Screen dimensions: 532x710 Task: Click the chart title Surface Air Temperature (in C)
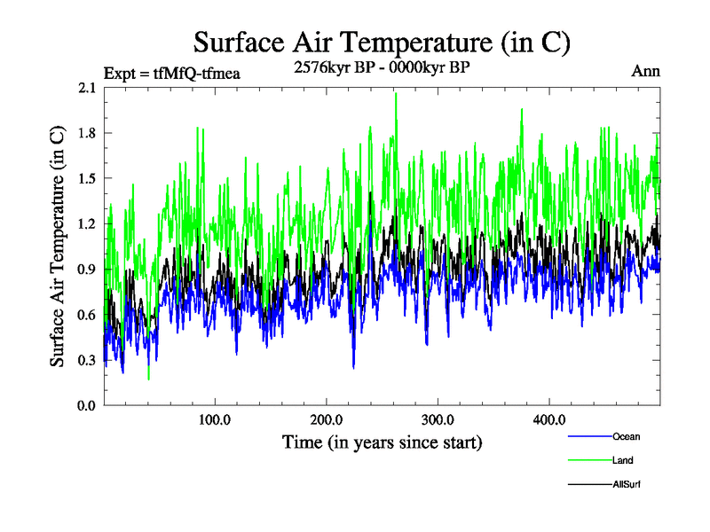(x=382, y=42)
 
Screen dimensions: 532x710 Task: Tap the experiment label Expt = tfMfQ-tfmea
(x=172, y=73)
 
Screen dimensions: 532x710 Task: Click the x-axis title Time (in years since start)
(x=382, y=442)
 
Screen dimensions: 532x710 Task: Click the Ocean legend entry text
(x=626, y=436)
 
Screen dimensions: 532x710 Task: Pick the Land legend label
(x=622, y=460)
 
